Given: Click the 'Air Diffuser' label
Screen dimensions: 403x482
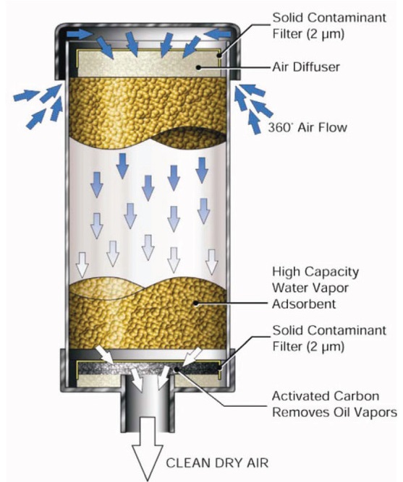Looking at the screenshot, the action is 306,66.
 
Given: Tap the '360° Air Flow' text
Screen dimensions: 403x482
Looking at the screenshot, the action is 307,127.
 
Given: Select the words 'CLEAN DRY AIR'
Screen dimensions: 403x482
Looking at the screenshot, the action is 217,462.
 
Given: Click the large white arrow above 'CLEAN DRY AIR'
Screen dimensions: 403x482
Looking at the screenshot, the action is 148,448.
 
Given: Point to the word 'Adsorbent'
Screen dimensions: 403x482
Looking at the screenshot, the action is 304,304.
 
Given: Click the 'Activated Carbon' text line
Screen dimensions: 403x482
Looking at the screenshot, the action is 326,396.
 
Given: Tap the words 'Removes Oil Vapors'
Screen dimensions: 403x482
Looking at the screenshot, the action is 335,412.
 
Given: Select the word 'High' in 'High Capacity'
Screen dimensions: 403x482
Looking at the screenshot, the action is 285,272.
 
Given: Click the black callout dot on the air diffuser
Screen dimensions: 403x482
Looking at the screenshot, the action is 199,66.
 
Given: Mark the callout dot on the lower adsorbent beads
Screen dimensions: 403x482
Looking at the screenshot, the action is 195,303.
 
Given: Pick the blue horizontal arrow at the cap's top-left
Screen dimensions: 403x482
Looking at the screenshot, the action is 79,33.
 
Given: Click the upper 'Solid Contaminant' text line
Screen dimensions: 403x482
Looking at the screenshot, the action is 329,17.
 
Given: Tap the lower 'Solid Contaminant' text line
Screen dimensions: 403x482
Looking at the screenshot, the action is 329,330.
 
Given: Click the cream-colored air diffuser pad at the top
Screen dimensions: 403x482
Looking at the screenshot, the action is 148,64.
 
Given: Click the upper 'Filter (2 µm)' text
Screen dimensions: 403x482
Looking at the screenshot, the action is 308,34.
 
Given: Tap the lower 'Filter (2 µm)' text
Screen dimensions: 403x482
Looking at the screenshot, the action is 308,346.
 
